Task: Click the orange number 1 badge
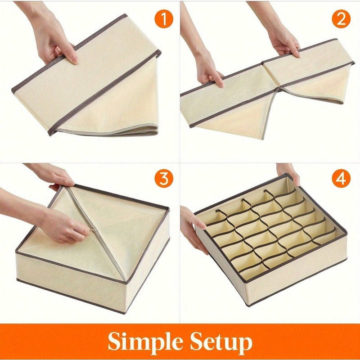pos(163,19)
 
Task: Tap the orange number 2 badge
pos(341,19)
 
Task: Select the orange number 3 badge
pos(163,179)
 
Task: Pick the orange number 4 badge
pos(341,179)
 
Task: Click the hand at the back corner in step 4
pos(288,171)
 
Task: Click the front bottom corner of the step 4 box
pos(247,302)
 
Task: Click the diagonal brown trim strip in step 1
pos(103,90)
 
